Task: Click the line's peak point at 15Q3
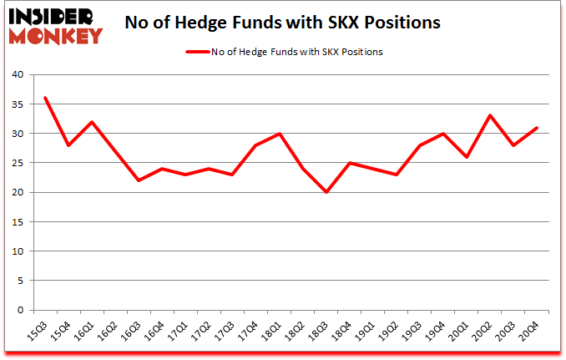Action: (45, 98)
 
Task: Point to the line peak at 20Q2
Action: (490, 115)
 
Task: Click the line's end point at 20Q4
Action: (537, 127)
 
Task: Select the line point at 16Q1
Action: (92, 122)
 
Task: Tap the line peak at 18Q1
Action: (280, 134)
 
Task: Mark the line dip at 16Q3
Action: (139, 180)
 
